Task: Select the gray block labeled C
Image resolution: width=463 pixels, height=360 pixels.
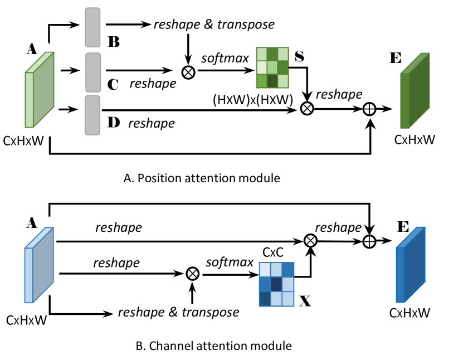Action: click(93, 72)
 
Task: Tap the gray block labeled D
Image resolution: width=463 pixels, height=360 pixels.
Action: click(92, 114)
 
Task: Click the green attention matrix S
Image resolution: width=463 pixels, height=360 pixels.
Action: click(272, 68)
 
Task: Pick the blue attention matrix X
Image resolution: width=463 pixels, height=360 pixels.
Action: click(276, 284)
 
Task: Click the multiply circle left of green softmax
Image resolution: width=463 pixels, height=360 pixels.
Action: click(188, 72)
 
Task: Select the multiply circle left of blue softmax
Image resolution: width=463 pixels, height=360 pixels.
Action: click(192, 273)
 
